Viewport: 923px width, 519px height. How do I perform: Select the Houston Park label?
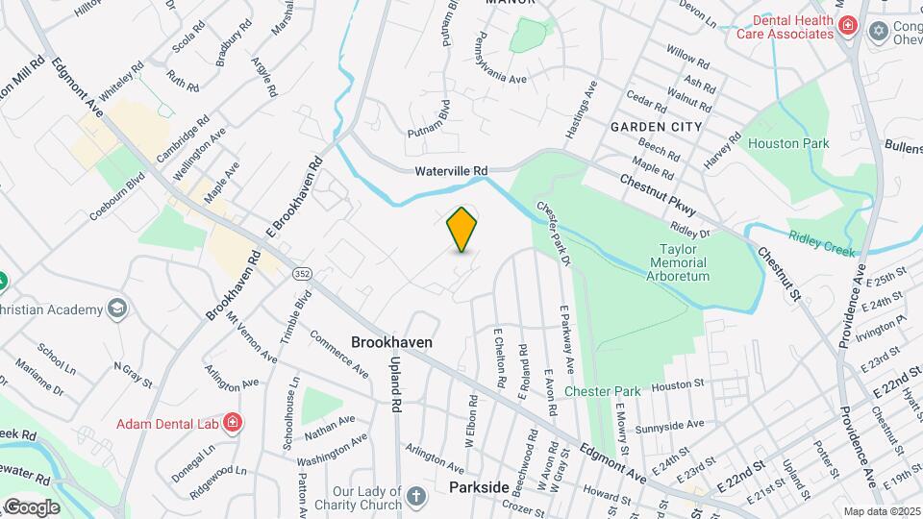(x=788, y=144)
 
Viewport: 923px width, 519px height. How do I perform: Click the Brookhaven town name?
(x=391, y=342)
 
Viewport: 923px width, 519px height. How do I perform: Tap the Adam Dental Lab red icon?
(x=232, y=422)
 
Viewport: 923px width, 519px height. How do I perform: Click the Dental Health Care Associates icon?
(x=847, y=26)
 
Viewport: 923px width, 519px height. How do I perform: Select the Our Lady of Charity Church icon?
(x=415, y=496)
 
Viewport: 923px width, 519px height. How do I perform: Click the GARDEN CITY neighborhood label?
(x=656, y=127)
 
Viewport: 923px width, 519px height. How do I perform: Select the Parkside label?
(x=479, y=488)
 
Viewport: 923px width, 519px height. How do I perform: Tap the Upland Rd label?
(x=395, y=383)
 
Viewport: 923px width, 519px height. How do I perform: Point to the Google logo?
(x=33, y=507)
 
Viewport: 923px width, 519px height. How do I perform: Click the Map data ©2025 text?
(x=880, y=511)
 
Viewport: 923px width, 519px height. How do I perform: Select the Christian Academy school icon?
(x=116, y=309)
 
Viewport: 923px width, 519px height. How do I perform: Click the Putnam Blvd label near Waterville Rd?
(x=429, y=124)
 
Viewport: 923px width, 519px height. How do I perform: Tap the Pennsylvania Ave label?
(x=499, y=62)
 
